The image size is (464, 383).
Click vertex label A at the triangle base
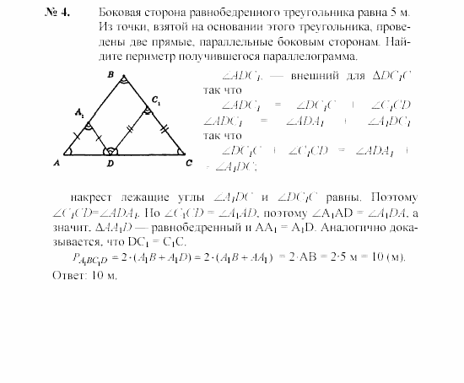pos(57,162)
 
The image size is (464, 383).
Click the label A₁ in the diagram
pos(79,112)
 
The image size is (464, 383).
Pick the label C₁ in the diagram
pos(155,100)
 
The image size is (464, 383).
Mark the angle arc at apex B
pos(123,84)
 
